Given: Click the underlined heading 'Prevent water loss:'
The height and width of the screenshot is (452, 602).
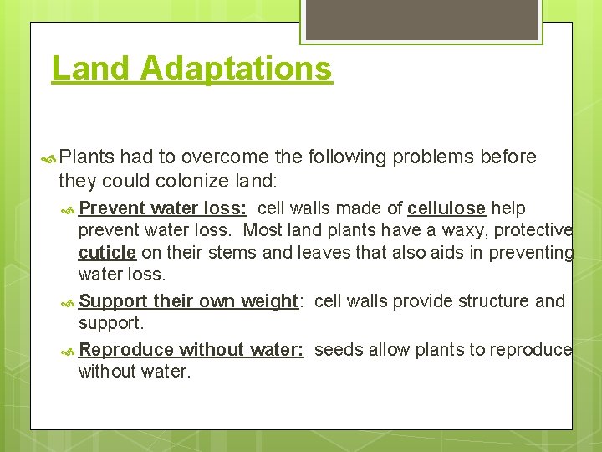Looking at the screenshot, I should (x=162, y=208).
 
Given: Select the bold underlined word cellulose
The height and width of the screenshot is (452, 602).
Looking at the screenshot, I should (x=446, y=208).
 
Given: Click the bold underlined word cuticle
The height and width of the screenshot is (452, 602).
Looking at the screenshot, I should (x=107, y=252).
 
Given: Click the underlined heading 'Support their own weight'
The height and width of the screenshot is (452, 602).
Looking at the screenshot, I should (x=188, y=301).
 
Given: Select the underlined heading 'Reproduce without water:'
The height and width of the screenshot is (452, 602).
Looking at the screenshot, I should (x=191, y=350).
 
